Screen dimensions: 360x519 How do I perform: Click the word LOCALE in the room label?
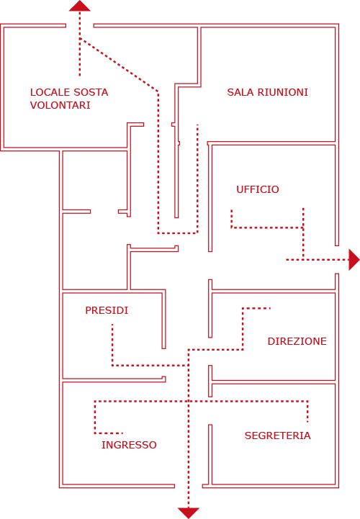(x=50, y=92)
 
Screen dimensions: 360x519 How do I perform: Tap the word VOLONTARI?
(x=60, y=105)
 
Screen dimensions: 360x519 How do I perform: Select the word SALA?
(x=240, y=92)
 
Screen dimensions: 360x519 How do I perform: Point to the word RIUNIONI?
(x=283, y=92)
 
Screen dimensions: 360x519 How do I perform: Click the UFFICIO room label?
(x=258, y=189)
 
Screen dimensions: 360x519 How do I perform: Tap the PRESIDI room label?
(x=107, y=310)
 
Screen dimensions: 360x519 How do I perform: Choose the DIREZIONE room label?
(x=297, y=341)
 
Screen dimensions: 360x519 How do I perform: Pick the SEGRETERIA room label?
(x=277, y=435)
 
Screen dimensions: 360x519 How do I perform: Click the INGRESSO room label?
(x=129, y=445)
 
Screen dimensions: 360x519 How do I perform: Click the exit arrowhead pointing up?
(x=80, y=6)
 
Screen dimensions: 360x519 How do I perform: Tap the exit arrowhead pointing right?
(x=354, y=260)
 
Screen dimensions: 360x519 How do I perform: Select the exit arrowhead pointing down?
(x=189, y=513)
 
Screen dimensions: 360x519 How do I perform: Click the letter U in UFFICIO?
(x=240, y=189)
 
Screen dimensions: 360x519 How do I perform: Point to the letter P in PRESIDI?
(x=88, y=310)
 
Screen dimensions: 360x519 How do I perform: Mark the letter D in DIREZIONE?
(x=271, y=341)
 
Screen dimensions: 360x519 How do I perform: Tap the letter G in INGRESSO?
(x=114, y=445)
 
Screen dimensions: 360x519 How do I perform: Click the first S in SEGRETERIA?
(x=248, y=435)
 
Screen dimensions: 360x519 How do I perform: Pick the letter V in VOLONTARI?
(x=33, y=105)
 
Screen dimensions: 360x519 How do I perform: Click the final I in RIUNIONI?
(x=307, y=92)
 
